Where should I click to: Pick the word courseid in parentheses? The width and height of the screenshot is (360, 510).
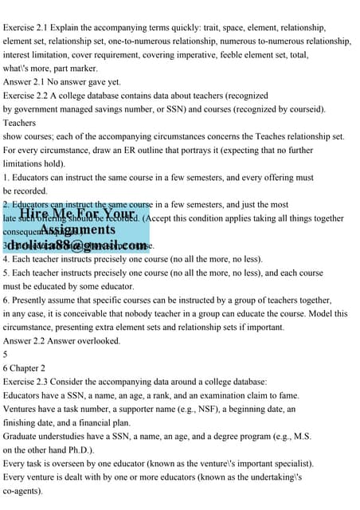click(303, 108)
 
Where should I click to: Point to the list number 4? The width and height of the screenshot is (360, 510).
click(6, 259)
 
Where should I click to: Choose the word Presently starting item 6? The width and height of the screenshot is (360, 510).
click(33, 300)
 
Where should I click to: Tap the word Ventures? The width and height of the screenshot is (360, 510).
click(22, 408)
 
